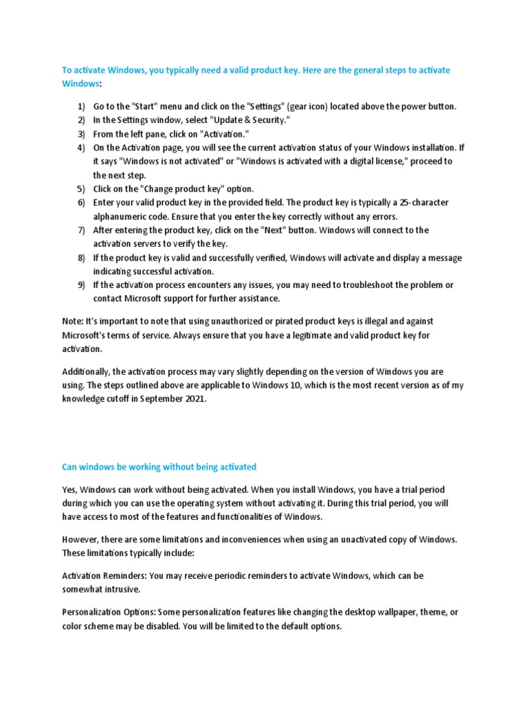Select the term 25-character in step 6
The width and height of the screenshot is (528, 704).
point(422,202)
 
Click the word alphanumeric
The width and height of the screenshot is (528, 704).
point(120,216)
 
